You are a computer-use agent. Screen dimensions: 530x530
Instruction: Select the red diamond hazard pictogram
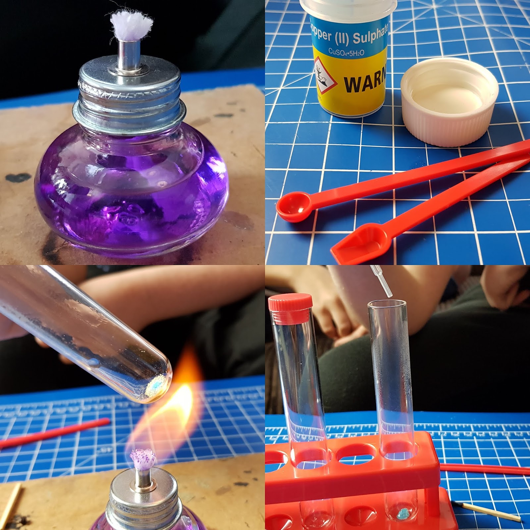325,75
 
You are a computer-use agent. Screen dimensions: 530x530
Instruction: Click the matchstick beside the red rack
490,510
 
